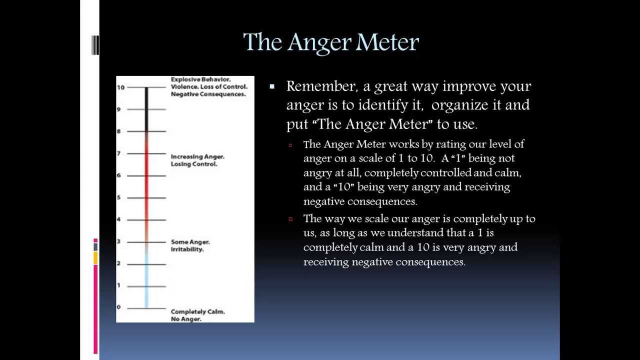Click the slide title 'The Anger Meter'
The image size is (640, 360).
point(330,42)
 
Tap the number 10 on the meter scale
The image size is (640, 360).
point(120,87)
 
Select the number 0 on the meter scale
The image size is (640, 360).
point(118,307)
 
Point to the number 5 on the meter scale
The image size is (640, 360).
point(118,197)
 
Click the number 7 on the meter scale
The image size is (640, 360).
point(118,153)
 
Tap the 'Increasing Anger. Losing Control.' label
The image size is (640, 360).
point(197,160)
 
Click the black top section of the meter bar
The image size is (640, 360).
point(146,107)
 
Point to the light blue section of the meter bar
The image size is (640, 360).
point(146,280)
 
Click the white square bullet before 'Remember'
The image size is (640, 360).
point(272,87)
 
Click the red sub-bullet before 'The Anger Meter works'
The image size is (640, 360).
point(290,145)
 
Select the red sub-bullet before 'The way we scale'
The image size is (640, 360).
point(290,219)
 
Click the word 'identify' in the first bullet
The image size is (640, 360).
point(396,105)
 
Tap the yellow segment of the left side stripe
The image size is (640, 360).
point(95,258)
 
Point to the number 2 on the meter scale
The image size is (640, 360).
point(118,263)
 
